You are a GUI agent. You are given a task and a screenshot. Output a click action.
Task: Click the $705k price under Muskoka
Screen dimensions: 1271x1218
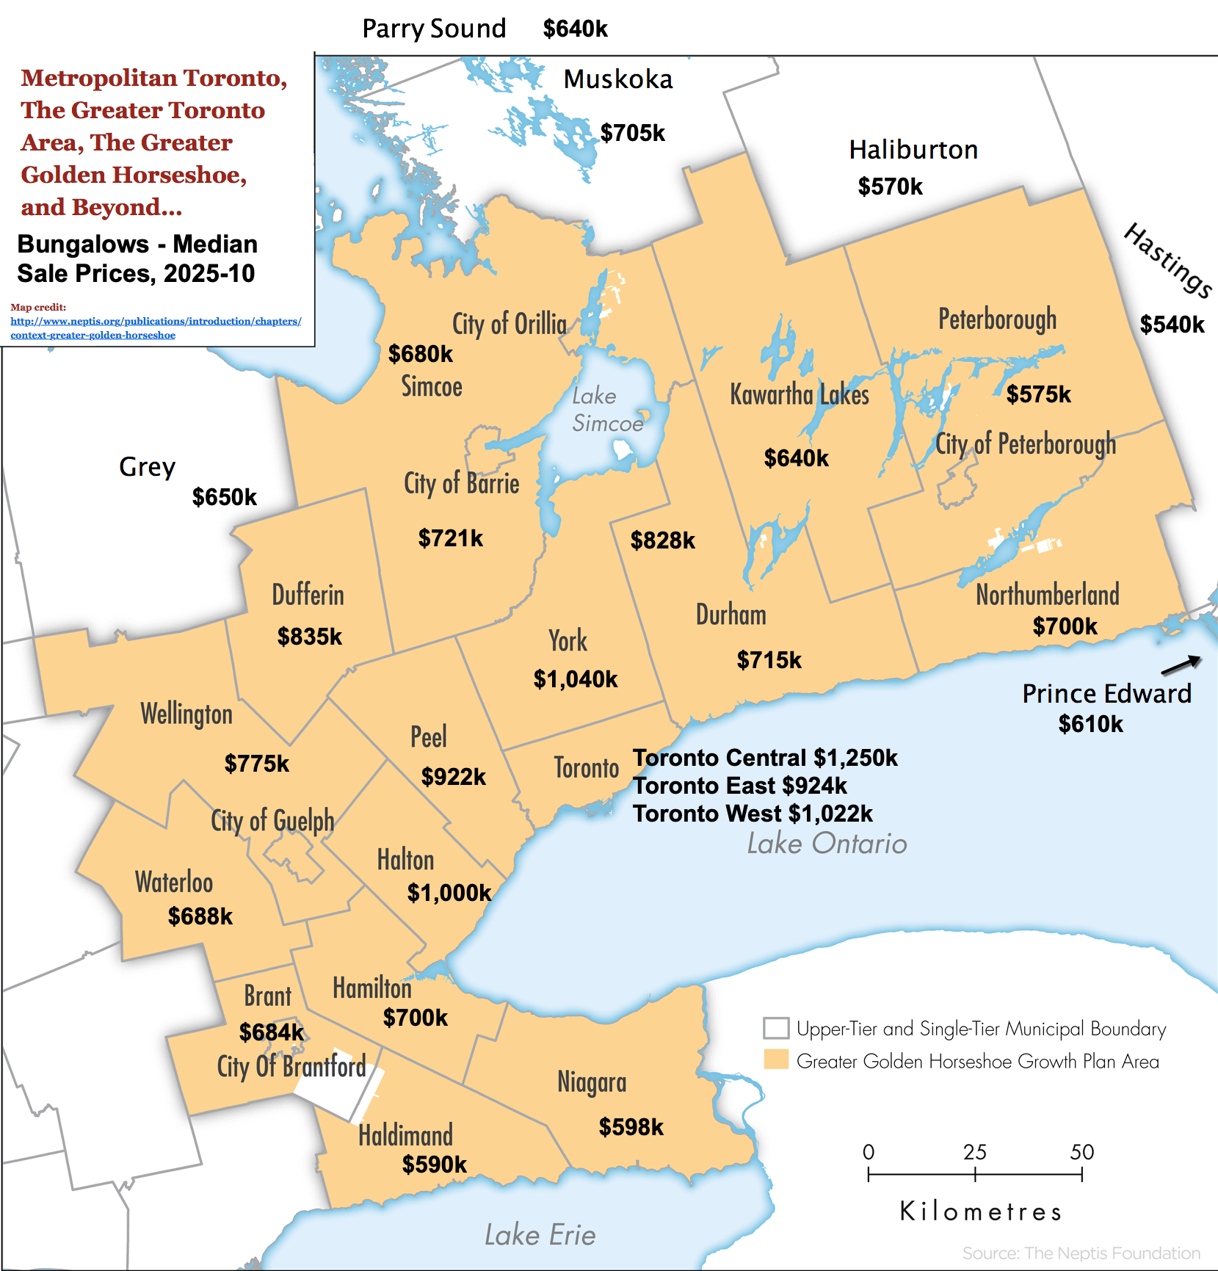(x=632, y=133)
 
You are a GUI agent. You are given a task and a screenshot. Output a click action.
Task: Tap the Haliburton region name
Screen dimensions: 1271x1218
(x=913, y=150)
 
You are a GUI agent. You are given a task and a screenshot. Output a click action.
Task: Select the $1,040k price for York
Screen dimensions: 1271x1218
(x=576, y=679)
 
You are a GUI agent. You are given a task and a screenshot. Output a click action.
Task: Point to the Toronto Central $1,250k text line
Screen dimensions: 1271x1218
(x=765, y=758)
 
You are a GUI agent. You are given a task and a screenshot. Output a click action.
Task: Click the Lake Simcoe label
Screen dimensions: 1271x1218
(x=606, y=410)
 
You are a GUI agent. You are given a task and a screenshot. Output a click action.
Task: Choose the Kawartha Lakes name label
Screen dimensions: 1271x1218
(x=799, y=395)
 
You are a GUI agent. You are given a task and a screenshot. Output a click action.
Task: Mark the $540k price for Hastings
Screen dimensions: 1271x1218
(x=1172, y=325)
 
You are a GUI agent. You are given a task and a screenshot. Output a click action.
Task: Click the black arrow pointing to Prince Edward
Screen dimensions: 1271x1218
(x=1181, y=665)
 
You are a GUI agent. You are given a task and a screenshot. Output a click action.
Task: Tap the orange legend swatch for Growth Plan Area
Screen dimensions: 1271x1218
(x=776, y=1060)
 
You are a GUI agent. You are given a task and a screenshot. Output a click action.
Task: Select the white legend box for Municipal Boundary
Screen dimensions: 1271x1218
(x=776, y=1028)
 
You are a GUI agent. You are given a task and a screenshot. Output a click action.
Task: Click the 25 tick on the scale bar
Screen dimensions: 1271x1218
(x=975, y=1174)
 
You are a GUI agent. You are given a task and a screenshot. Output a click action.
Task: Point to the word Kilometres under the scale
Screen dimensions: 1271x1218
(x=981, y=1212)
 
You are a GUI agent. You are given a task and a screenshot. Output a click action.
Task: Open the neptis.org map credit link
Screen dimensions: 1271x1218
(x=156, y=328)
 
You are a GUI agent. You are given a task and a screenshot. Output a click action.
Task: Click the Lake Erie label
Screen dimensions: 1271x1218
(x=540, y=1235)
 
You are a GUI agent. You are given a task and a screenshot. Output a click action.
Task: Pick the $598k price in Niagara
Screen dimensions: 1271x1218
(x=631, y=1127)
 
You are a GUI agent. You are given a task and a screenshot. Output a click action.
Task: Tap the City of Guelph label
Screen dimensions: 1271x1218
(x=272, y=821)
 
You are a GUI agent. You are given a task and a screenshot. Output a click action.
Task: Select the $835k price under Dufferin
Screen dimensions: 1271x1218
(x=309, y=637)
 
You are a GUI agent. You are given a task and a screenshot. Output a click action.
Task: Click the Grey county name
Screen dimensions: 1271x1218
(x=147, y=467)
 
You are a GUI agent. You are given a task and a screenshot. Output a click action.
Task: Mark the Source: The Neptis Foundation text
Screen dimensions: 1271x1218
(x=1081, y=1253)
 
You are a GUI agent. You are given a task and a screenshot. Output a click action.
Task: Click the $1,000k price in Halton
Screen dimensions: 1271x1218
(x=449, y=893)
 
